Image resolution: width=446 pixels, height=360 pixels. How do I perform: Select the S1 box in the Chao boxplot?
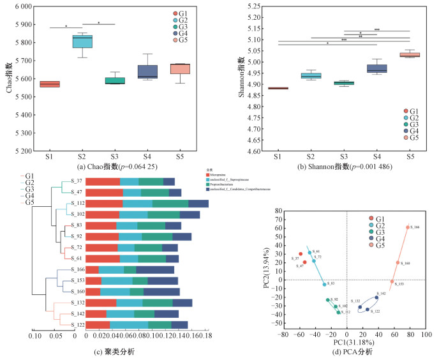click(49, 84)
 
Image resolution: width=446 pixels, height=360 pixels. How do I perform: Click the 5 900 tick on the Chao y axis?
click(21, 24)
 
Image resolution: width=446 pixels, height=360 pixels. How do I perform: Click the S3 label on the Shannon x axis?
click(343, 157)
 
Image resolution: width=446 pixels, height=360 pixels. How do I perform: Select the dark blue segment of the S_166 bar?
click(155, 270)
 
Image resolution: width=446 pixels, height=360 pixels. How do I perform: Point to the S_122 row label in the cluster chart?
click(77, 325)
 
